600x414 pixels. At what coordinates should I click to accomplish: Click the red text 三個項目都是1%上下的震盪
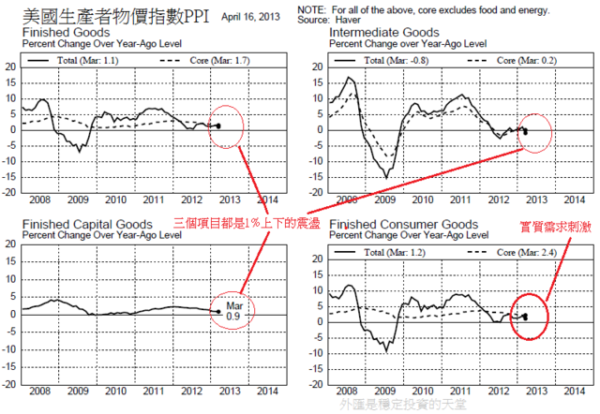tap(246, 222)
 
